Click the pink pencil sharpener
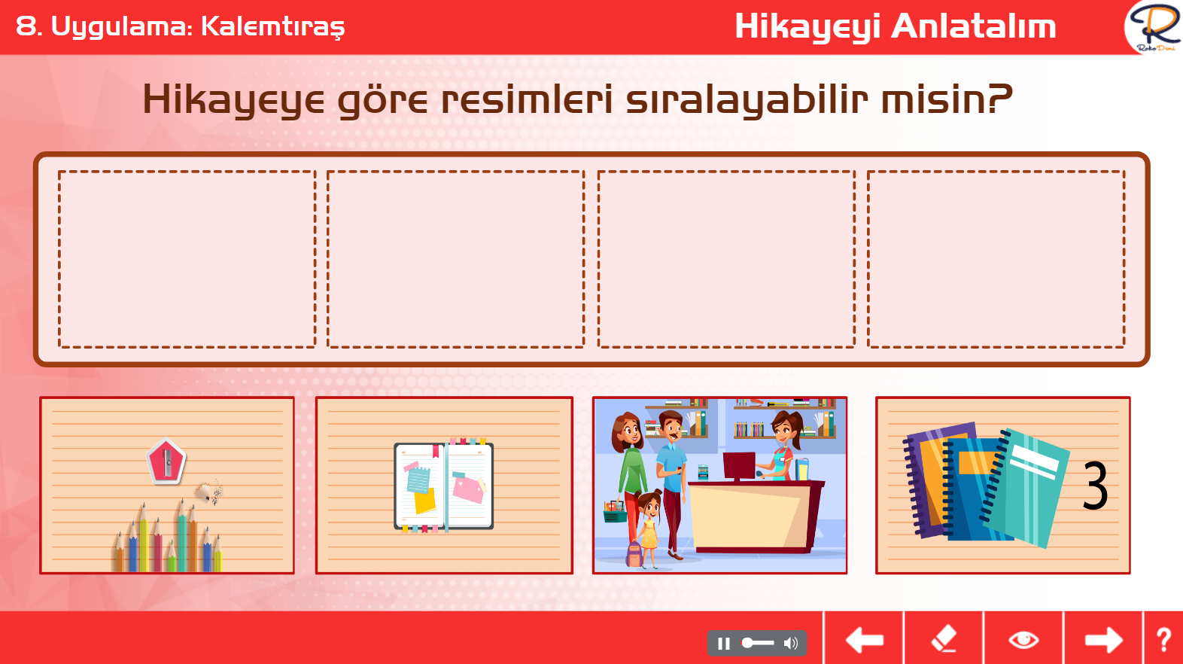(166, 461)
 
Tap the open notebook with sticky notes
(444, 486)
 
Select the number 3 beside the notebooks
(1095, 485)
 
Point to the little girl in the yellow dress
(649, 528)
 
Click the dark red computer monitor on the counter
(739, 467)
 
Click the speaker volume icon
(791, 643)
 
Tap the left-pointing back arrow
(864, 640)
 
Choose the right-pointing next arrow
(1104, 640)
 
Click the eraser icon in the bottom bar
(944, 638)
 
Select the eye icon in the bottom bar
(1023, 640)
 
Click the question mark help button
(1164, 640)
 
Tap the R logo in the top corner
(1154, 26)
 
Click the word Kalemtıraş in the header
(273, 27)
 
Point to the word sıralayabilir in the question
(747, 100)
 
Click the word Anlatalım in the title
(974, 26)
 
